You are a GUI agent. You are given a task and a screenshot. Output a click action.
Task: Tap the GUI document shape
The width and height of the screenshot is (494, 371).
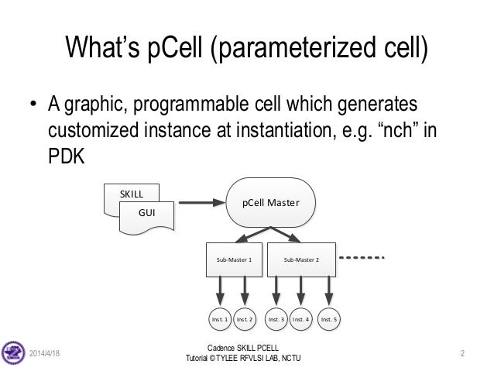point(146,210)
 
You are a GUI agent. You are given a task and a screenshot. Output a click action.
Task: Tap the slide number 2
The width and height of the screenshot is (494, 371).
point(461,354)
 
